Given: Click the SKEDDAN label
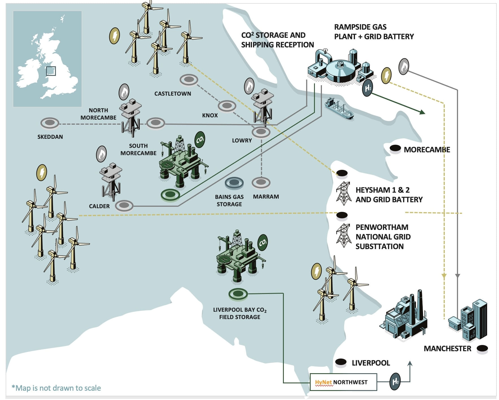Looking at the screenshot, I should pyautogui.click(x=50, y=137).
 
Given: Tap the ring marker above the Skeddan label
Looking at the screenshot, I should pyautogui.click(x=50, y=123).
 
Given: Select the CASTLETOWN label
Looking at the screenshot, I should pyautogui.click(x=173, y=94).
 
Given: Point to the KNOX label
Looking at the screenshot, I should pyautogui.click(x=210, y=115).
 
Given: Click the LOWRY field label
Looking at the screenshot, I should pyautogui.click(x=242, y=140).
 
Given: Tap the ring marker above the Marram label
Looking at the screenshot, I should pyautogui.click(x=261, y=183).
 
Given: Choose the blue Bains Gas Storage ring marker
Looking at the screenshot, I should pyautogui.click(x=234, y=183).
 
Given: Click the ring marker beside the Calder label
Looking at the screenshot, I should pyautogui.click(x=124, y=206).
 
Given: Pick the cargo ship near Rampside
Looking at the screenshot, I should pyautogui.click(x=339, y=109).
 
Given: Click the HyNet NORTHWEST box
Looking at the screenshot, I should pyautogui.click(x=343, y=382).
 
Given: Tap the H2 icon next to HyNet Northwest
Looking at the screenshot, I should pyautogui.click(x=395, y=382).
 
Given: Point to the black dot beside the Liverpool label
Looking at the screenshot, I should pyautogui.click(x=341, y=362).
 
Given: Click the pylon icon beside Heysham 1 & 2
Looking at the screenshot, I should pyautogui.click(x=343, y=193).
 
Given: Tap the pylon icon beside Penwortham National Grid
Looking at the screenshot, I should pyautogui.click(x=343, y=235).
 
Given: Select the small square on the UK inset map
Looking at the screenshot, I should pyautogui.click(x=51, y=71).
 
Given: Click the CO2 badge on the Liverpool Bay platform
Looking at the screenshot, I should pyautogui.click(x=263, y=242).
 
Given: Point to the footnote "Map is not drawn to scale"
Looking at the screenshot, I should pyautogui.click(x=56, y=388).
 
